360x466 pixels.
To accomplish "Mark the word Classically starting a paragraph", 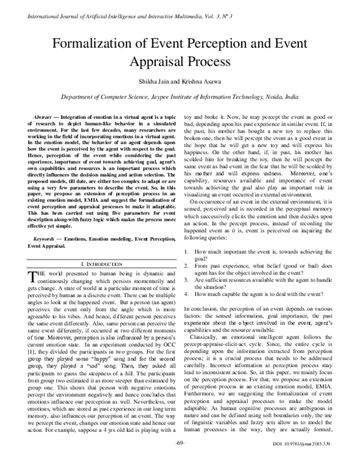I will point(206,339).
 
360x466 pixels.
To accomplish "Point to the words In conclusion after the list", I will point(203,307).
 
